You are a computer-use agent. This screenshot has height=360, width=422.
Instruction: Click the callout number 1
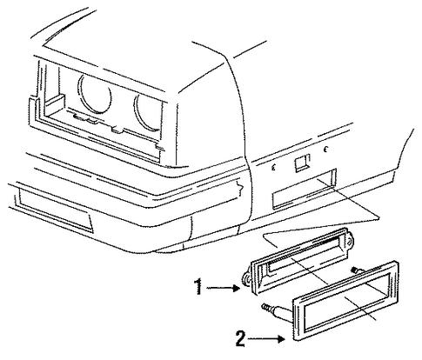[198, 287]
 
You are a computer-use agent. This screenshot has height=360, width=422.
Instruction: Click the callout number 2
[240, 338]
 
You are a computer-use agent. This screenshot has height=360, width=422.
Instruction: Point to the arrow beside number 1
[224, 288]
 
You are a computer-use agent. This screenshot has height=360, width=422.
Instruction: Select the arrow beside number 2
[266, 338]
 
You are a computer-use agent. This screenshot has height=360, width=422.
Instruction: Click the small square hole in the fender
[301, 163]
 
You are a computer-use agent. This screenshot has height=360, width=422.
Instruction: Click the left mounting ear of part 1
[246, 280]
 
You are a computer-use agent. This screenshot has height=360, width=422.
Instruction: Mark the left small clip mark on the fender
[273, 167]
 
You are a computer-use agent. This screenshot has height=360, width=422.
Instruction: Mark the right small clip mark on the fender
[325, 150]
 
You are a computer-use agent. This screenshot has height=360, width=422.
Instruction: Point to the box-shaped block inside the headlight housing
[54, 103]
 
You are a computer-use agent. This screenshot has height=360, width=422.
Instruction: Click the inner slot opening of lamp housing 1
[305, 254]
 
